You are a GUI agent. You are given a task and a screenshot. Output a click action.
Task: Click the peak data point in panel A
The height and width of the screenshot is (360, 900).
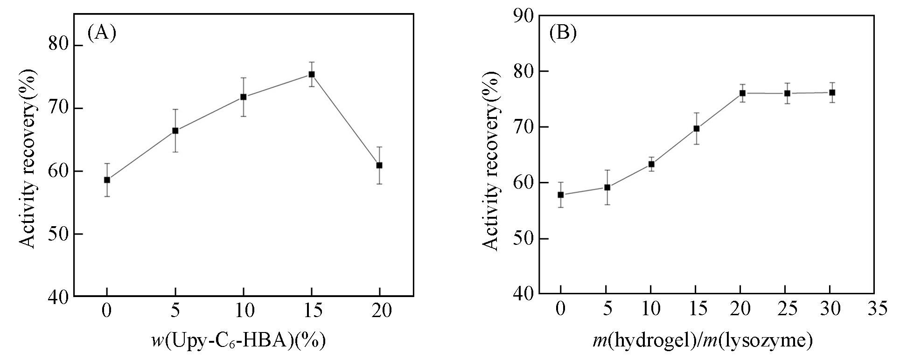click(311, 75)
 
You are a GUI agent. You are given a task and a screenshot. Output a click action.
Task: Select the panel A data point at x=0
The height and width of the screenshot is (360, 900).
click(107, 180)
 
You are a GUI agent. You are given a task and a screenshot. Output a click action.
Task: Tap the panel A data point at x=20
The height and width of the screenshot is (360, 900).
click(379, 166)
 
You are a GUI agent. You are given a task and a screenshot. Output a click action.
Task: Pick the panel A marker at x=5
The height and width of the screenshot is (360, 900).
click(175, 131)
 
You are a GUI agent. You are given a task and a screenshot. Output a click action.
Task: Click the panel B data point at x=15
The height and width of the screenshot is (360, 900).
click(696, 129)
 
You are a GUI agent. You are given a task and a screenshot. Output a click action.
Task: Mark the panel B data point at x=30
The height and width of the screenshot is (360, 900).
click(831, 93)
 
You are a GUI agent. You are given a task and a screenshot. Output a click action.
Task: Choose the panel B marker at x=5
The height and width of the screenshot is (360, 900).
click(607, 187)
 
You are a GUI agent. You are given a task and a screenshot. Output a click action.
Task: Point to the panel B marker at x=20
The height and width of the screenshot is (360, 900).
click(742, 93)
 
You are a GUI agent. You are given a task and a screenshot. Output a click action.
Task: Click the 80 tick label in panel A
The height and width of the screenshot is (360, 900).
click(59, 45)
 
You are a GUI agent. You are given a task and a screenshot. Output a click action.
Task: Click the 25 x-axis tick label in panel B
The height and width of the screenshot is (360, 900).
click(787, 309)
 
